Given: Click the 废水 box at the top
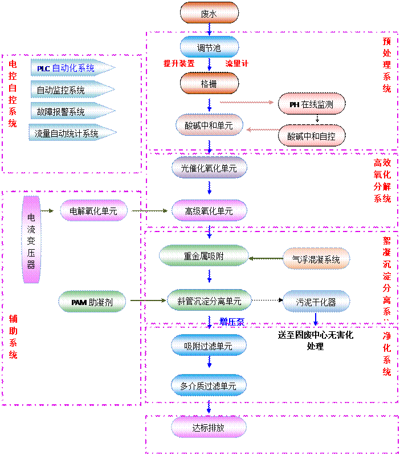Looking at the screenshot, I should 209,13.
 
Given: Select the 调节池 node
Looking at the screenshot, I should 209,47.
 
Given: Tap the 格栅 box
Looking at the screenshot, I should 209,83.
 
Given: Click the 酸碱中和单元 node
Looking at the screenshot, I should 209,124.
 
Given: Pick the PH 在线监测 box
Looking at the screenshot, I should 312,104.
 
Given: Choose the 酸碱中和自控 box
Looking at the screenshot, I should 312,136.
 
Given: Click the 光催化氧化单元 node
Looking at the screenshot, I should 209,168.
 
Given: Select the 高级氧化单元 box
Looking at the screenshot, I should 209,211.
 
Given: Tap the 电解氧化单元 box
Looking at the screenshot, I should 93,211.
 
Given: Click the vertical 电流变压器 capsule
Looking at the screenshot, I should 31,240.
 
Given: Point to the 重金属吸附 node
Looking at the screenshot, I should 204,256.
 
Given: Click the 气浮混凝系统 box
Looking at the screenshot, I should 316,259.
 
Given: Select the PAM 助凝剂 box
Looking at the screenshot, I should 92,302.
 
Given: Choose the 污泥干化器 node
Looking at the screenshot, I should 316,301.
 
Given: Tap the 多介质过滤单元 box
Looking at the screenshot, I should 209,386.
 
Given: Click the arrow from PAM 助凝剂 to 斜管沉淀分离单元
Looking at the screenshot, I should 146,300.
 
